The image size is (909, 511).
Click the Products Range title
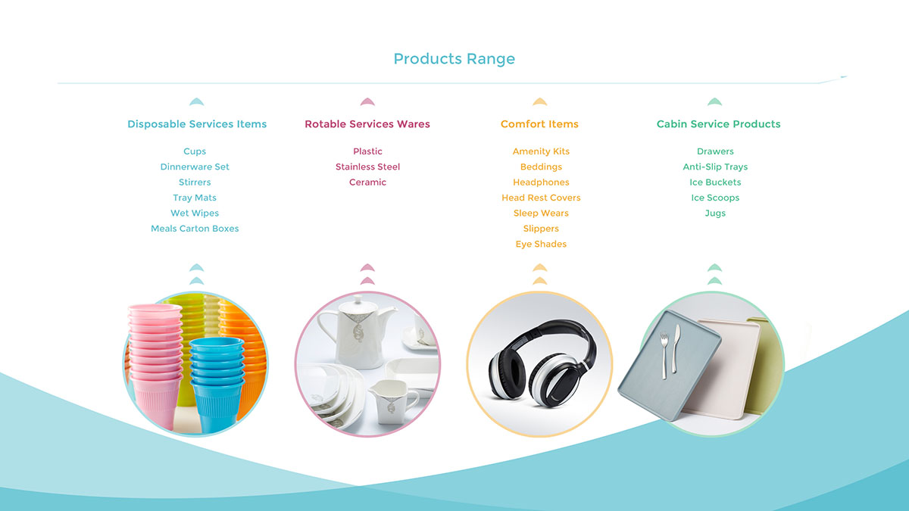point(454,59)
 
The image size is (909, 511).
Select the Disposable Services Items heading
point(197,124)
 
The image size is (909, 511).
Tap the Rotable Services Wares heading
point(367,124)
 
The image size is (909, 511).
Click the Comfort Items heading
point(539,124)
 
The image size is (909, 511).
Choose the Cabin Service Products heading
point(718,124)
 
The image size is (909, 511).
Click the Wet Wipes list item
point(195,213)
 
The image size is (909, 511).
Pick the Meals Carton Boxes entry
point(195,229)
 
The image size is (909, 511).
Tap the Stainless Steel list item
point(367,167)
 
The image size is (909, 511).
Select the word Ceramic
point(367,182)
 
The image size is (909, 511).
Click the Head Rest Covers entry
point(541,198)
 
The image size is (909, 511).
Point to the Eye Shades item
point(541,244)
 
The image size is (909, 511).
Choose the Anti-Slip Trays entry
point(715,167)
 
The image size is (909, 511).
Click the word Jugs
point(715,213)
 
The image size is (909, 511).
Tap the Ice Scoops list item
point(715,198)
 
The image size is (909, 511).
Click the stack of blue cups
point(217,383)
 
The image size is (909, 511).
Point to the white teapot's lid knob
point(358,299)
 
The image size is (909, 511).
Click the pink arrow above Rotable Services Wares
point(367,101)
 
